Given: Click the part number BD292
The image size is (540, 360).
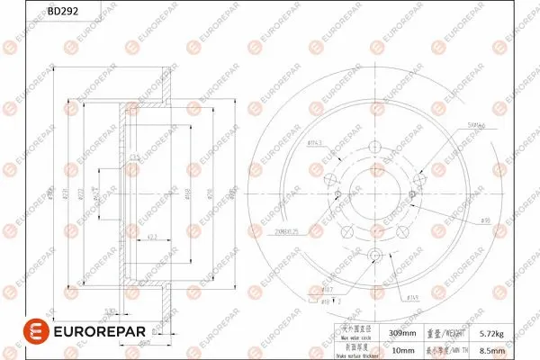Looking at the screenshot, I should click(61, 12).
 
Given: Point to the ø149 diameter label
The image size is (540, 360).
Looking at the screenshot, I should click(414, 297).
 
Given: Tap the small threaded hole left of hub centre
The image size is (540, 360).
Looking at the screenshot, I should click(337, 196).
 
